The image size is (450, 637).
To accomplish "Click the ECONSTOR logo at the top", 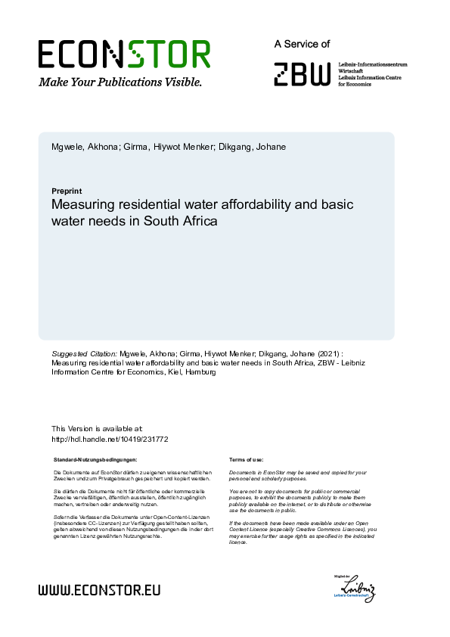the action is pyautogui.click(x=124, y=54).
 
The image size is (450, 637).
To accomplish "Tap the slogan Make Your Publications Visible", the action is pyautogui.click(x=120, y=81).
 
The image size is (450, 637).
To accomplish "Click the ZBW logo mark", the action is pyautogui.click(x=302, y=73).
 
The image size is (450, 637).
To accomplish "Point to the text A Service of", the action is pyautogui.click(x=302, y=45).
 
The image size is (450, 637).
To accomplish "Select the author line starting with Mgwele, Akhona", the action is pyautogui.click(x=168, y=146).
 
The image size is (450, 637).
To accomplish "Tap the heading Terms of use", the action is pyautogui.click(x=246, y=459).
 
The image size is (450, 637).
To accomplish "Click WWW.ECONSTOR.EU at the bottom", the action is pyautogui.click(x=99, y=589).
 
